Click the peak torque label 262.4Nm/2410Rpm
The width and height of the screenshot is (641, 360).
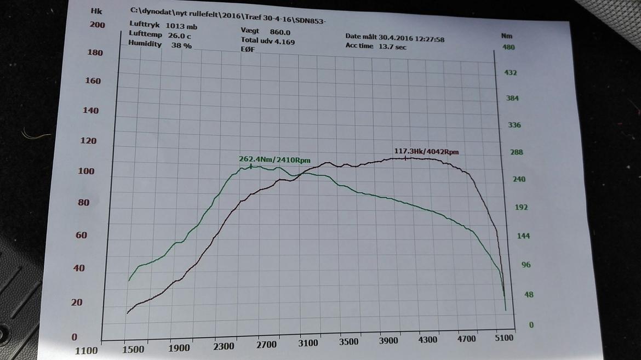coord(274,160)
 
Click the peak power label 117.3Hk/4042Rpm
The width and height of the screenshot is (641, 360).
coord(426,151)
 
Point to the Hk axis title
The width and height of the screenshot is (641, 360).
coord(96,11)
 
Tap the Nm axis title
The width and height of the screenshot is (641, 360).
coord(506,36)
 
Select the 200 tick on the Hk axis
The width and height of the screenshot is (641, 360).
coord(98,25)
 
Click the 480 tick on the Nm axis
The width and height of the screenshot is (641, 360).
coord(509,47)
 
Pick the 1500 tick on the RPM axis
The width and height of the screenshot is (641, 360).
coord(133,349)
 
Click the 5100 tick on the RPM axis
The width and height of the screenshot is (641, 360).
coord(503,338)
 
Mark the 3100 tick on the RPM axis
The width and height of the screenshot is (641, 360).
coord(308,343)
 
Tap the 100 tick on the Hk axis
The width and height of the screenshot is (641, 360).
coord(87,171)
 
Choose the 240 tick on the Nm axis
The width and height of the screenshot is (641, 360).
coord(518,179)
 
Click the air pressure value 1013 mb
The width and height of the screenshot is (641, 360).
coord(181,26)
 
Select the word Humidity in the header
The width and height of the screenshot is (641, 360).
coord(145,43)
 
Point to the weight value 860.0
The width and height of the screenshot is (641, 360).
coord(280,32)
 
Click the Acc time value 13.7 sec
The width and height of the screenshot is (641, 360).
coord(392,47)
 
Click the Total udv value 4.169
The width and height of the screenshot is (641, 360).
coord(284,41)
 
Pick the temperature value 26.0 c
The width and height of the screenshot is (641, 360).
coord(180,36)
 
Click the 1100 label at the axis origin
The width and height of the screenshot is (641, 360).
coord(86,351)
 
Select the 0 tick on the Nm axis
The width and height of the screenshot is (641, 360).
coord(531,325)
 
